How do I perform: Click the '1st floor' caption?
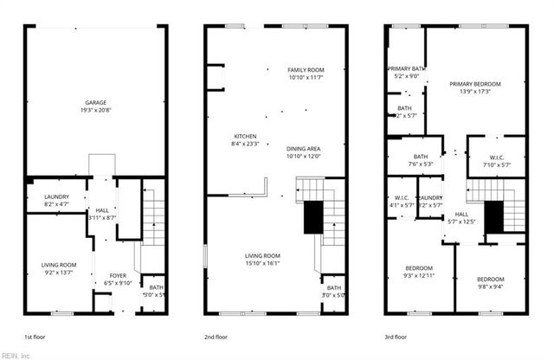pos(35,337)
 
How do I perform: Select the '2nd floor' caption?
pos(216,337)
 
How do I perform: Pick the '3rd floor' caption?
pos(397,337)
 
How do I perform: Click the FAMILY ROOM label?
pos(306,70)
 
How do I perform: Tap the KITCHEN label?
pos(245,137)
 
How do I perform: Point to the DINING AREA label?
pos(303,148)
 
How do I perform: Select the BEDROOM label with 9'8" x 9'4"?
pos(491,279)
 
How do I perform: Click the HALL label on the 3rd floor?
pos(461,215)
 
